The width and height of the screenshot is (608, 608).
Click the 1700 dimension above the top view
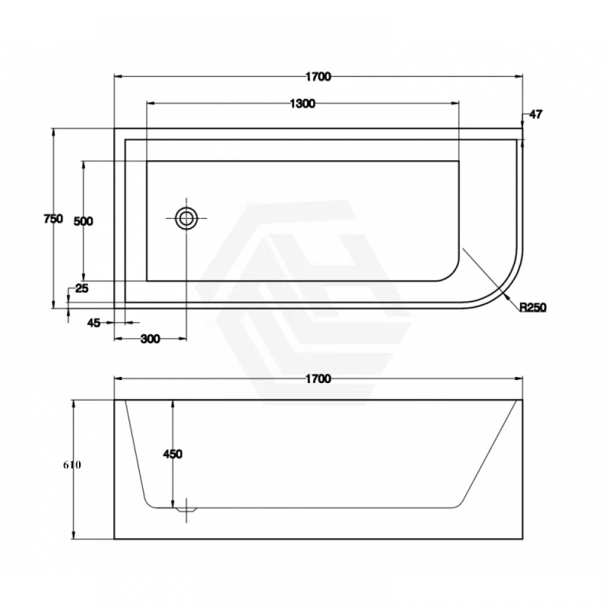tap(318, 77)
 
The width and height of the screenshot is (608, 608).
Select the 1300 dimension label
tap(302, 103)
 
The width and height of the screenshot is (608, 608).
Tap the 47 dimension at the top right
tap(536, 114)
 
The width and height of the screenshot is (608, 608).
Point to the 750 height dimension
tap(53, 219)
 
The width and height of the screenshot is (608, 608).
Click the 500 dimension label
tap(83, 221)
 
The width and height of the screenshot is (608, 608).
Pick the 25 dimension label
tap(81, 289)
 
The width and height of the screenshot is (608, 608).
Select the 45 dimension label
tap(93, 323)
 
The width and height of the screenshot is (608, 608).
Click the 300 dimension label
tap(150, 339)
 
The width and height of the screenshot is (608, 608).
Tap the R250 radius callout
tap(533, 308)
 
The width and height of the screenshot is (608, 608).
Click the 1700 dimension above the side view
tap(318, 379)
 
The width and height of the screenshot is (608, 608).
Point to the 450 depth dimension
tap(173, 454)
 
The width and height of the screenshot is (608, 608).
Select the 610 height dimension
tap(72, 465)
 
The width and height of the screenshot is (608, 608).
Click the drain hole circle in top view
tap(186, 218)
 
